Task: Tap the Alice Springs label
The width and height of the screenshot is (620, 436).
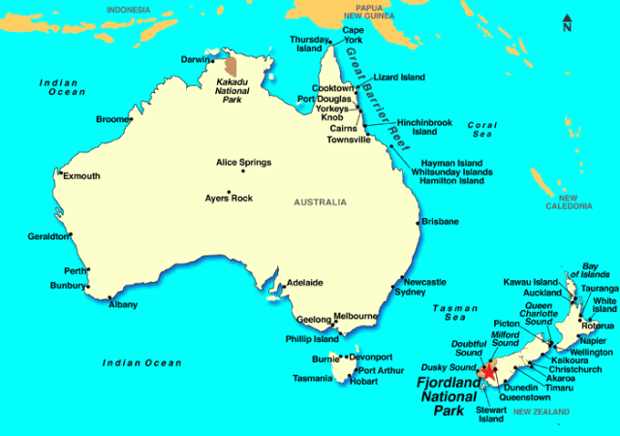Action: pyautogui.click(x=243, y=162)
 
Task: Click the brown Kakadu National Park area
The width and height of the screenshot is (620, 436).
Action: pyautogui.click(x=231, y=67)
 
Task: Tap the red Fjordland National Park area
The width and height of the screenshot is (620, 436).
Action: pyautogui.click(x=488, y=371)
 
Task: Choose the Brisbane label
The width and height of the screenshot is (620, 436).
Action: pyautogui.click(x=440, y=222)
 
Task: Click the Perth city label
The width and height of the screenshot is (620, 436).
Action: pyautogui.click(x=74, y=270)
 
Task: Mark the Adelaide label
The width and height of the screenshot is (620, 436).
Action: pyautogui.click(x=304, y=283)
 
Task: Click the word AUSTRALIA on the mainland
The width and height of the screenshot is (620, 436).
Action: pyautogui.click(x=319, y=202)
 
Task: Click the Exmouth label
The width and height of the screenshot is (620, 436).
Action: pyautogui.click(x=80, y=176)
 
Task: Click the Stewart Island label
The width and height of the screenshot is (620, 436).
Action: pyautogui.click(x=491, y=415)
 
